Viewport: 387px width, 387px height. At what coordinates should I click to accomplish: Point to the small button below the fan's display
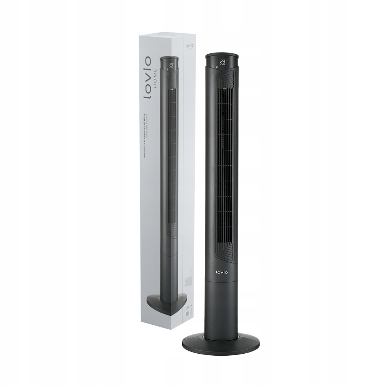(x=217, y=67)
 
